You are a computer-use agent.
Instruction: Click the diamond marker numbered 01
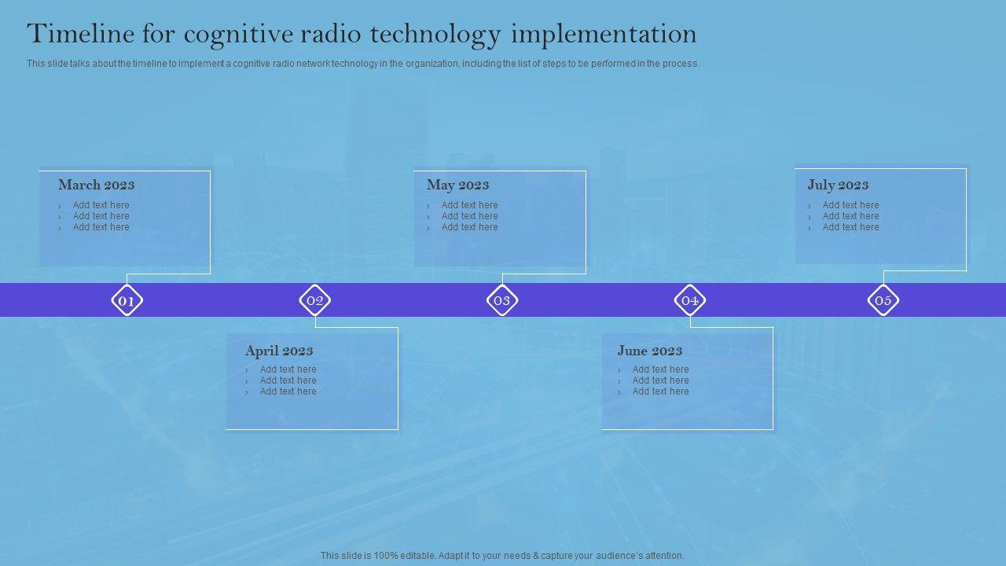click(127, 300)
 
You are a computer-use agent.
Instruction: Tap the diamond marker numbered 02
click(315, 300)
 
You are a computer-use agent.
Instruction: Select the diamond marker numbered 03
click(502, 300)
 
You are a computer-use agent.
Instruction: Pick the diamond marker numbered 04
click(690, 300)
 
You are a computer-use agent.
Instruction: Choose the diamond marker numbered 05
click(883, 300)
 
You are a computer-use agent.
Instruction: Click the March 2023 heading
click(97, 185)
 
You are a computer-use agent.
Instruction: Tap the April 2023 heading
click(279, 351)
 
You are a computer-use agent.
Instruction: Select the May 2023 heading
click(457, 185)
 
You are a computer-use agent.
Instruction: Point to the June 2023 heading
click(649, 351)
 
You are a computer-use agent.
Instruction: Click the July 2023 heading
click(838, 185)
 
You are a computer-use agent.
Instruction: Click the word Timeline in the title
click(80, 34)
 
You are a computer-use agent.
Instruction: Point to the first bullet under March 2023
click(94, 205)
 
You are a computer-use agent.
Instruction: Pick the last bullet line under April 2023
click(281, 391)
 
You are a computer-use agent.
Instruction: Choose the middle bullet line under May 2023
click(463, 216)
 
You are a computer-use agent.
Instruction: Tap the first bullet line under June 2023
click(653, 369)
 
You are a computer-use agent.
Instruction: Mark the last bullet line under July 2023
click(843, 227)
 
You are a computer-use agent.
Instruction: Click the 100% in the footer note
click(386, 556)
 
